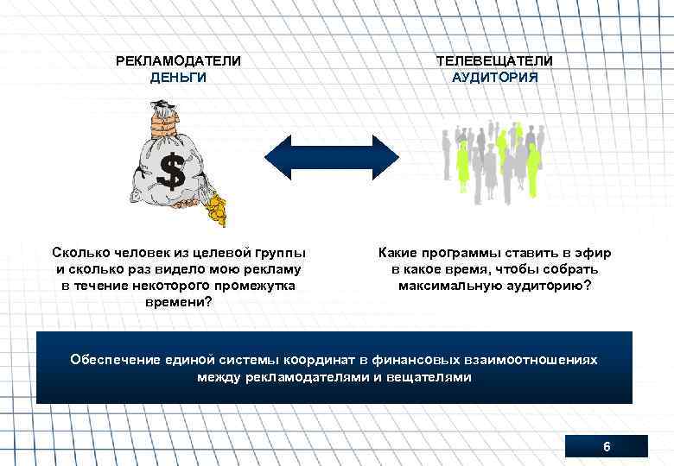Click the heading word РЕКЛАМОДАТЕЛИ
coord(179,61)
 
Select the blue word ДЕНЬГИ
coord(179,77)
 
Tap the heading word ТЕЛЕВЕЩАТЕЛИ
coord(494,61)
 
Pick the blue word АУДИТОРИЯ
coord(494,77)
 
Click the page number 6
coord(606,447)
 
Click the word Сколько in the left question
coord(79,253)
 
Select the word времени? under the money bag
coord(179,302)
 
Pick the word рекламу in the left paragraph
coord(270,269)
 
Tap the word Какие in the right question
coord(397,253)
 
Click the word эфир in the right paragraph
coord(595,253)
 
